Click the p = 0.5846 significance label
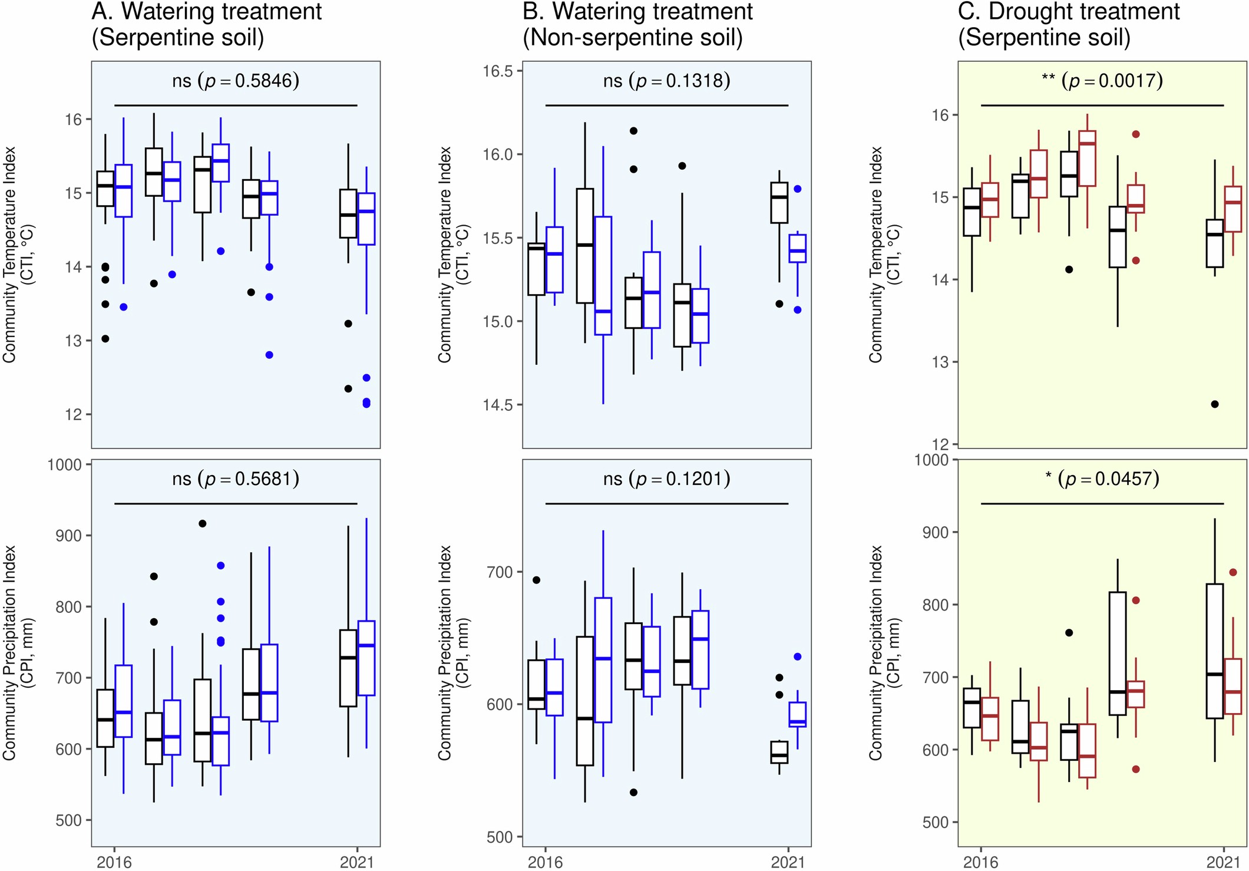coord(236,81)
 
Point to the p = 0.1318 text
coord(666,81)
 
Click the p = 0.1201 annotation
coord(666,479)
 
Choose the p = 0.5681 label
coord(236,479)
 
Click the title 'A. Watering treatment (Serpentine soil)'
coord(206,25)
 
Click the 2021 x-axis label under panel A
coord(356,862)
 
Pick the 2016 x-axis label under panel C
coord(980,862)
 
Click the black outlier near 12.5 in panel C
coord(1214,404)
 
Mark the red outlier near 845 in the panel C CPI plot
coord(1233,572)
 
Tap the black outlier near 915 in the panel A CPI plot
coord(202,523)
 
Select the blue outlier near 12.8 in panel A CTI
coord(269,355)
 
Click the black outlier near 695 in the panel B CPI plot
coord(536,580)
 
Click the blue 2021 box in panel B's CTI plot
coord(797,249)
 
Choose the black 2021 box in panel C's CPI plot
coord(1214,651)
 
